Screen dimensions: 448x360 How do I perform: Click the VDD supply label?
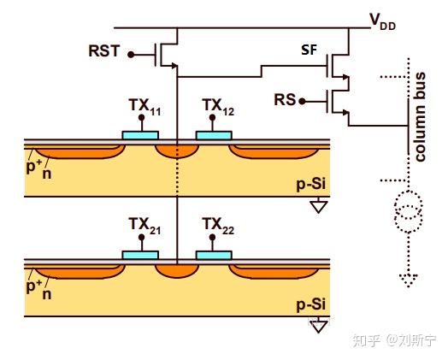383,21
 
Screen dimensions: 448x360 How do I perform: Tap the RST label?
104,50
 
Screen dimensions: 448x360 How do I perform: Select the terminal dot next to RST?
131,55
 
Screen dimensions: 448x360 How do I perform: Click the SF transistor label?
309,50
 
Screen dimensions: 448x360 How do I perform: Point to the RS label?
285,100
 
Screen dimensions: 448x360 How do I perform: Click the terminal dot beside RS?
302,101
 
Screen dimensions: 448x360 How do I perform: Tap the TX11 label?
144,107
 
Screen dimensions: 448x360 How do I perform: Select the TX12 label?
218,107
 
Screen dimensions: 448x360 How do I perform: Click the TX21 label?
144,226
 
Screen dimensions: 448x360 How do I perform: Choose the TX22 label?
218,226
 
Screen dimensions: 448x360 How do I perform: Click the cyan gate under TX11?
140,135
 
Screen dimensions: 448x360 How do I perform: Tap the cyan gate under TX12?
214,135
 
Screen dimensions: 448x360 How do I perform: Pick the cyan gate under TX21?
140,255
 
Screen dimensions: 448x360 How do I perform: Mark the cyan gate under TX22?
214,255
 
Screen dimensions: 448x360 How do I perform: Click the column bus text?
420,117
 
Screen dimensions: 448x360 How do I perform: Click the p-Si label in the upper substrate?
311,185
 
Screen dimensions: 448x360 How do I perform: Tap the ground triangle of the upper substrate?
319,207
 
